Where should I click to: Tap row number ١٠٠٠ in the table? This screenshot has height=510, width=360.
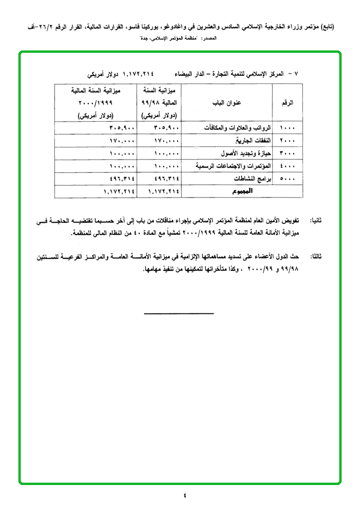287,128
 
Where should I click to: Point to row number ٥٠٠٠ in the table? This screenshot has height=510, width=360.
287,179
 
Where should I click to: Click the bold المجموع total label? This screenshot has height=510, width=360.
242,191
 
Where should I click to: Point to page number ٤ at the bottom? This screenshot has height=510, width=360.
185,495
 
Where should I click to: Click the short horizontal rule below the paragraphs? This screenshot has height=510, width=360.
179,313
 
